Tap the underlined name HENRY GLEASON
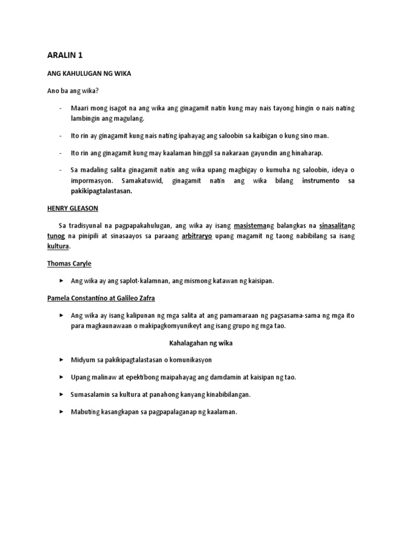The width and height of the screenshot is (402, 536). tap(73, 208)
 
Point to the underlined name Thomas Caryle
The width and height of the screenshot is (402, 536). tap(69, 263)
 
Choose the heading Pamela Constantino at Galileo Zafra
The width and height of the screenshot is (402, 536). tap(101, 298)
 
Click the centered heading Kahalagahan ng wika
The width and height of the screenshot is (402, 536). tap(201, 343)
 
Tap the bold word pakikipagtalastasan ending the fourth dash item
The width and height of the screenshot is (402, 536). tap(102, 191)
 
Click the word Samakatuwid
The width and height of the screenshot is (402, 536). tap(144, 181)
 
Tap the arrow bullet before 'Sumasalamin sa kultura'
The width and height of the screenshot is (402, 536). tap(61, 395)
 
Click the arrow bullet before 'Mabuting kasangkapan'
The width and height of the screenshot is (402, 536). tap(61, 412)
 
